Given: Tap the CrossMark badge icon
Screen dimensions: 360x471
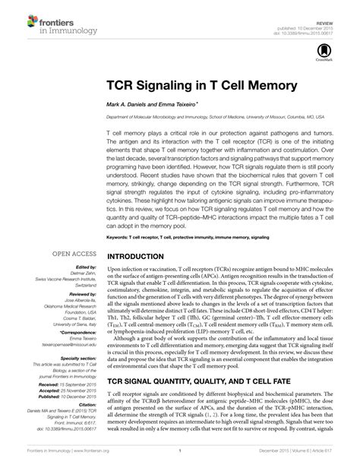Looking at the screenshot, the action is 318,52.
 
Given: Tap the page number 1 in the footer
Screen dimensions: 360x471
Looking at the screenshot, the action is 180,461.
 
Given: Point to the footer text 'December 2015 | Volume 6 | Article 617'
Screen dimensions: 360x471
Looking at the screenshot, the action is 302,461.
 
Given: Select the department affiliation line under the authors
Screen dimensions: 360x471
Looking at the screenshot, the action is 215,116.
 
